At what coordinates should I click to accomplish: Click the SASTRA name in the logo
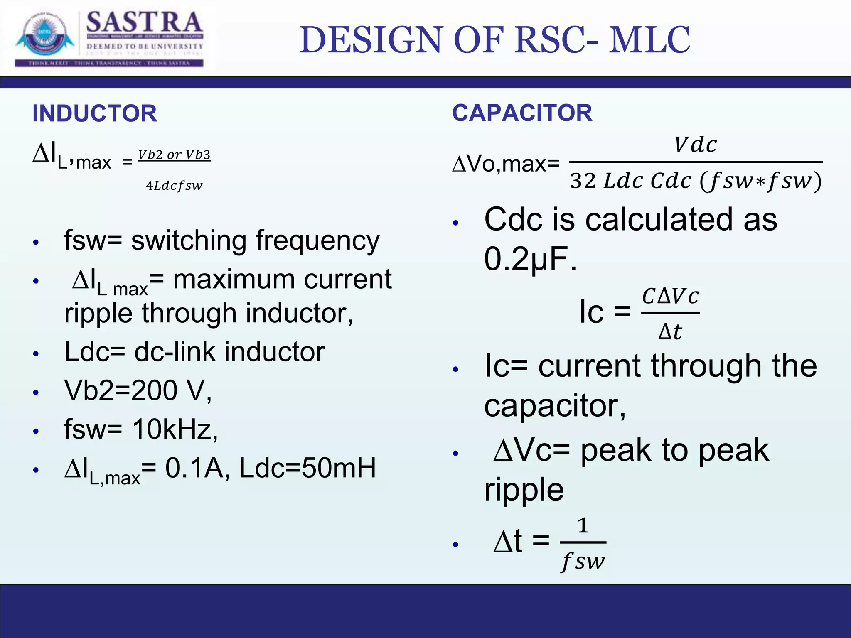point(144,23)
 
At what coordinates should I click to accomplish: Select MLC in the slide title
point(649,40)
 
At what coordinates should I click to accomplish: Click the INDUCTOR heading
point(95,113)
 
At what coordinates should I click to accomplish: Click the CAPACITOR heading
point(522,113)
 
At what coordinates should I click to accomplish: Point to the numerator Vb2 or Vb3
point(175,155)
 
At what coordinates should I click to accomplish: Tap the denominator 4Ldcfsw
point(174,186)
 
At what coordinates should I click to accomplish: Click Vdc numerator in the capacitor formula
point(695,145)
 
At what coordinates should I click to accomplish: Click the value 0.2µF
point(530,259)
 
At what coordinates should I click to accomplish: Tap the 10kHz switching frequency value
point(175,429)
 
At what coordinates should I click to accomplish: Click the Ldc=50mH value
point(307,468)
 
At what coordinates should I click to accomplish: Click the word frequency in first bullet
point(317,241)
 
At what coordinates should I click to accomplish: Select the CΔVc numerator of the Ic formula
point(670,297)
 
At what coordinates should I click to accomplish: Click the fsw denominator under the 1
point(583,562)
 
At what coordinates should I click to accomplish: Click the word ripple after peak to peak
point(524,489)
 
